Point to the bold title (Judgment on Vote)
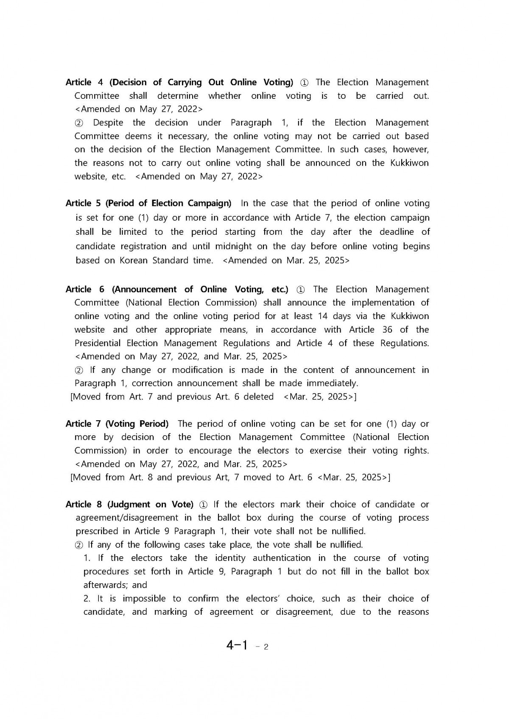coord(150,504)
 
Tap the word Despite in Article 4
coord(108,123)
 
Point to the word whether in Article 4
coord(224,96)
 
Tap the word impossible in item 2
coord(143,599)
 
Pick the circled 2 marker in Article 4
coord(79,123)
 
